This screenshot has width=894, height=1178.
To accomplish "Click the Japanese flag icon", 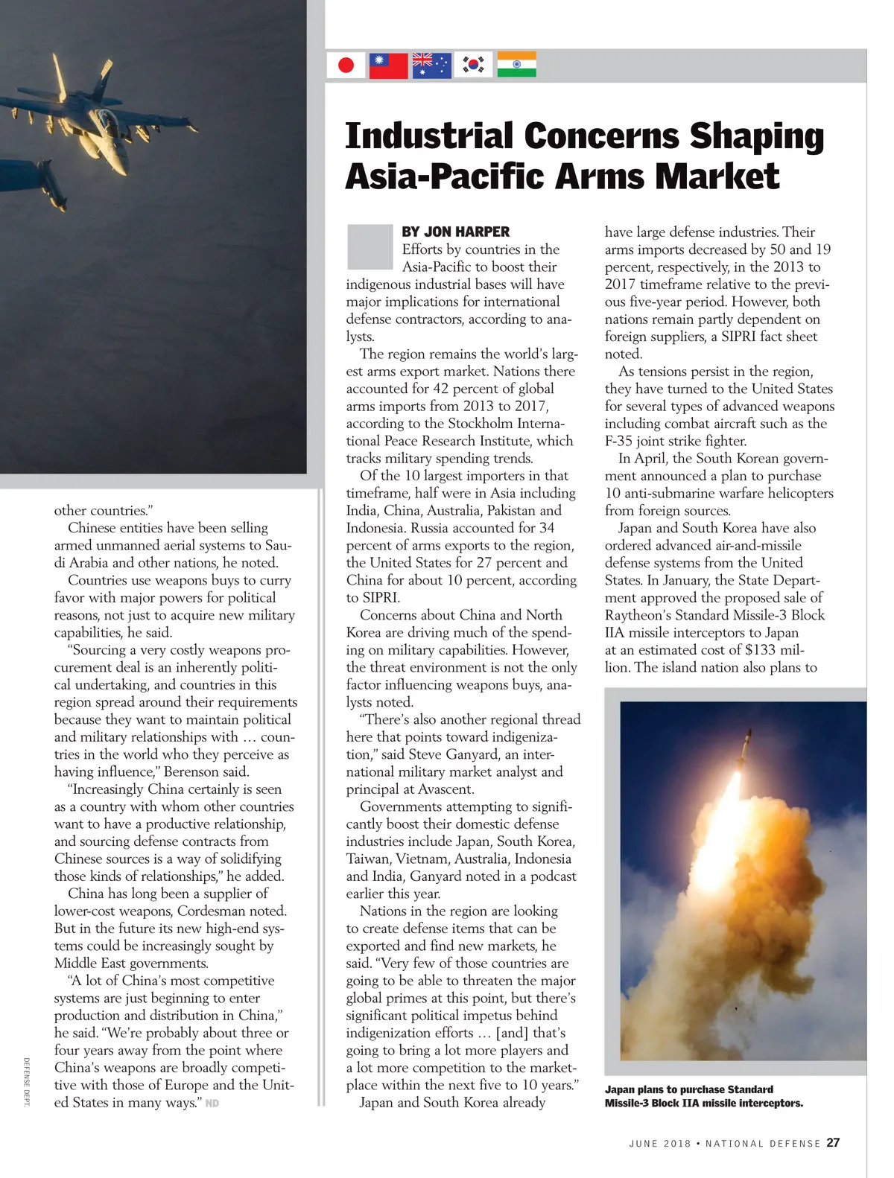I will pyautogui.click(x=346, y=65).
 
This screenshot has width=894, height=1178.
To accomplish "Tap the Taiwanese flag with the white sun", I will pyautogui.click(x=389, y=65).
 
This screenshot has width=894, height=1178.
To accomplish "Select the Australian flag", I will pyautogui.click(x=432, y=65).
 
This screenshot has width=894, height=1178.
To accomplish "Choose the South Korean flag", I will pyautogui.click(x=474, y=65).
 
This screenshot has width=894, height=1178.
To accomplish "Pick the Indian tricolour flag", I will pyautogui.click(x=516, y=65).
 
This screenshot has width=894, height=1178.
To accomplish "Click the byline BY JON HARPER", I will pyautogui.click(x=455, y=232).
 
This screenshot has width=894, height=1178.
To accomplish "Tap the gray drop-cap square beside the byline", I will pyautogui.click(x=370, y=246).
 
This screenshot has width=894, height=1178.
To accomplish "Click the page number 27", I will pyautogui.click(x=833, y=1143).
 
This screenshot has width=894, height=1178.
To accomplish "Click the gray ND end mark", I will pyautogui.click(x=212, y=1104).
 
